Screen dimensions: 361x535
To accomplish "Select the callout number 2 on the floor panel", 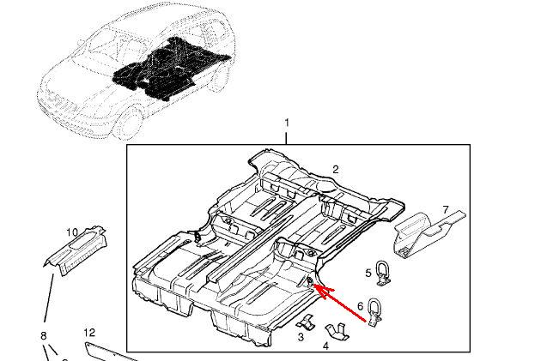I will [336, 170].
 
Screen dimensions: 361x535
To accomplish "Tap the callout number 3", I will [301, 338].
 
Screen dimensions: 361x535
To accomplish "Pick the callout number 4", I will [326, 346].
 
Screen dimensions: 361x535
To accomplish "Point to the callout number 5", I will [368, 274].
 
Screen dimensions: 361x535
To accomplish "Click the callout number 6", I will [360, 304].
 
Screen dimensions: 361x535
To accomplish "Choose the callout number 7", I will [446, 209].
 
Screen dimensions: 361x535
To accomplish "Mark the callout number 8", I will [43, 335].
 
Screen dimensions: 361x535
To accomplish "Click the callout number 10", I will [72, 232].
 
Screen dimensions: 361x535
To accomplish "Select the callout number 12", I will [89, 332].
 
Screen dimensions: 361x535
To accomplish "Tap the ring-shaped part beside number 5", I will [383, 271].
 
